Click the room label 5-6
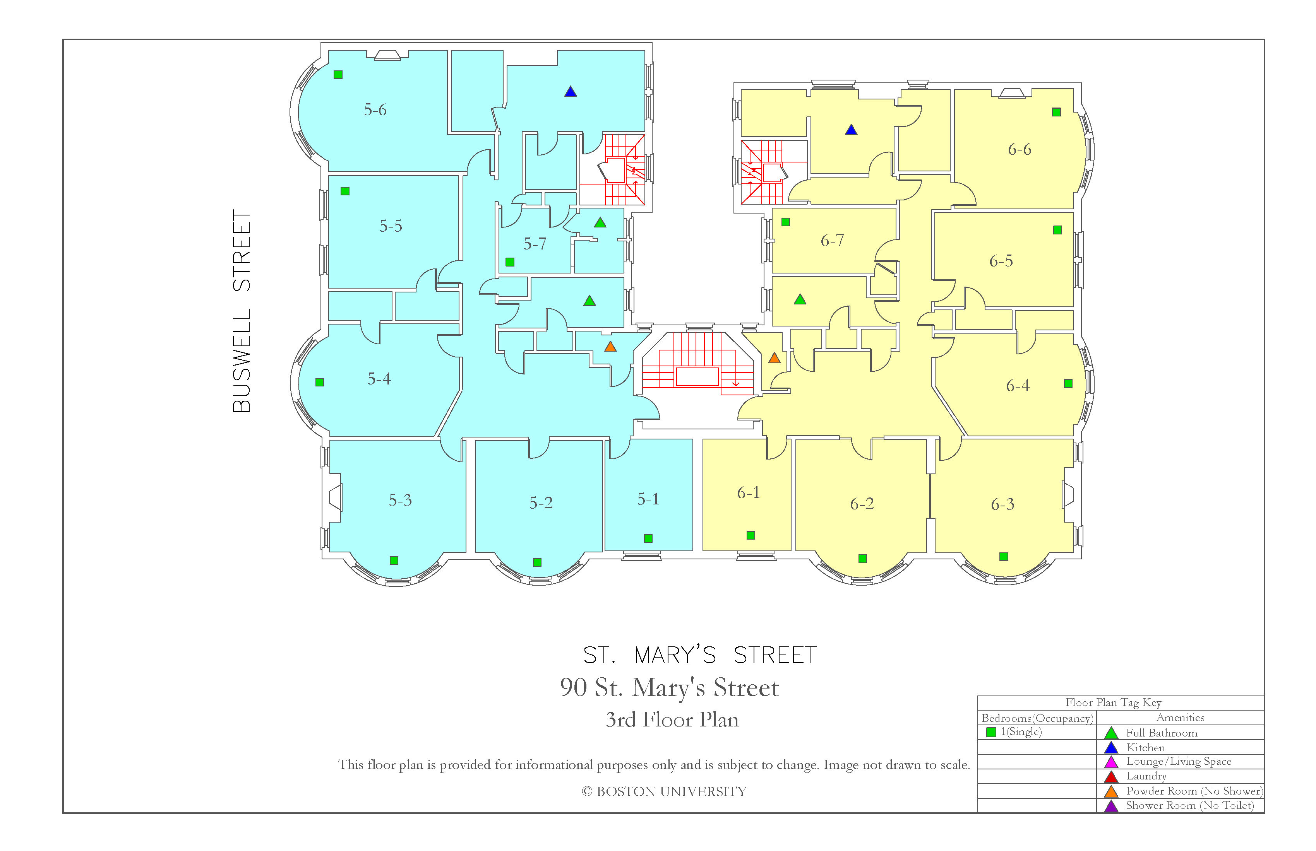coord(375,109)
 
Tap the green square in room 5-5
coord(345,191)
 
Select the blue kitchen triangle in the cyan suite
coord(571,91)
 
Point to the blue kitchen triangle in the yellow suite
coord(851,130)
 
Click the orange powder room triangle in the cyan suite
coord(610,347)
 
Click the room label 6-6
coord(1020,149)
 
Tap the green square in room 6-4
coord(1068,383)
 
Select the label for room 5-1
coord(648,499)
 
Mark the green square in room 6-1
coord(751,535)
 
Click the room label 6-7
coord(832,240)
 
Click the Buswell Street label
coord(242,311)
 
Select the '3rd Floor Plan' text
coord(672,719)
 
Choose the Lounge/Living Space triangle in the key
coord(1111,762)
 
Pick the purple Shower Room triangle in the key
coord(1111,806)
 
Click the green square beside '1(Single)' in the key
coord(991,732)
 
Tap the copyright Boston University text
coord(664,791)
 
